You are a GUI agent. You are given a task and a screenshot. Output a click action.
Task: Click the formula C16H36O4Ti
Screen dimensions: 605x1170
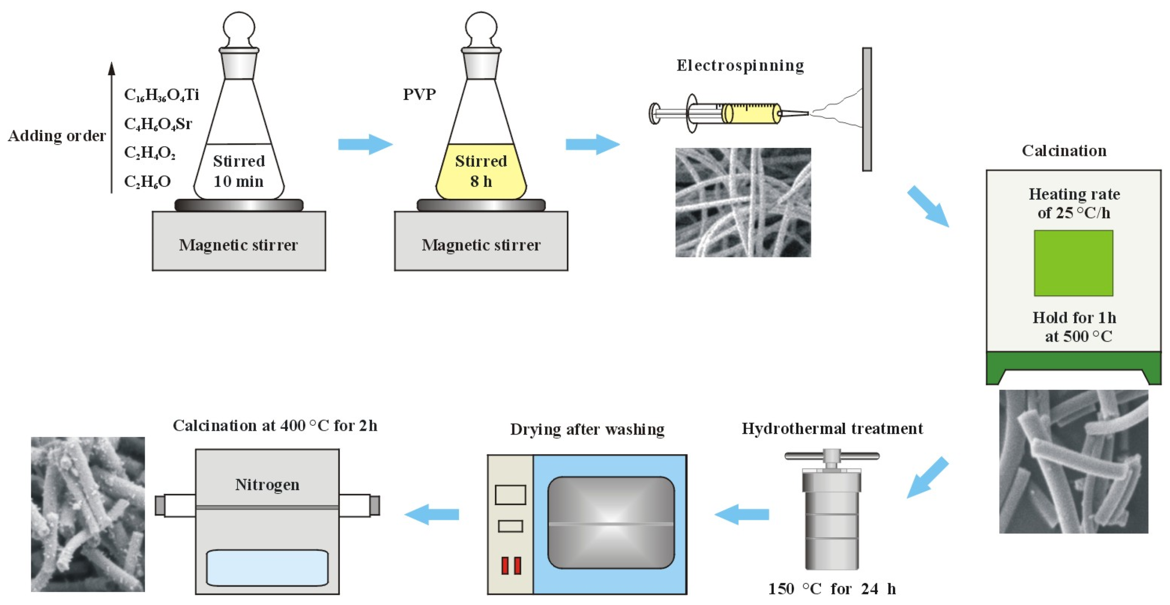point(161,95)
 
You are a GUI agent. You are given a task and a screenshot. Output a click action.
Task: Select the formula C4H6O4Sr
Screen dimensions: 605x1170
point(158,124)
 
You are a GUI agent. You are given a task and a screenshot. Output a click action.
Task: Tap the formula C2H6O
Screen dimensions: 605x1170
point(147,182)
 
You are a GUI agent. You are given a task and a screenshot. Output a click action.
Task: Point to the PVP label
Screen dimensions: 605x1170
point(419,94)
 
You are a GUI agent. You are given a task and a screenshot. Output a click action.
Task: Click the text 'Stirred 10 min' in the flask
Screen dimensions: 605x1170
point(239,171)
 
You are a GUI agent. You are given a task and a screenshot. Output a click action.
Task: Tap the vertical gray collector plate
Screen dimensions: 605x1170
point(867,109)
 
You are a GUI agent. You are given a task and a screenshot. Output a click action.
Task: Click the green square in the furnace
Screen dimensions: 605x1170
point(1073,263)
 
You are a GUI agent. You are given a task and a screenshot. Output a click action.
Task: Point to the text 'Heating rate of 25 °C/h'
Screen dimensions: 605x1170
point(1074,203)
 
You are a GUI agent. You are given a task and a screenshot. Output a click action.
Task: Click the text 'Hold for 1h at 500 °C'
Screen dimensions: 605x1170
point(1074,327)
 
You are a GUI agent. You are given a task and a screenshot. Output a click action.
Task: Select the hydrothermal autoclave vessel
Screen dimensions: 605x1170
point(832,522)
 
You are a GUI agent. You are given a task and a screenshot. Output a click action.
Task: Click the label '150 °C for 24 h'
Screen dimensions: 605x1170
point(832,589)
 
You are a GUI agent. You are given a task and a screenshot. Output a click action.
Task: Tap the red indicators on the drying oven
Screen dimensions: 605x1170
point(511,565)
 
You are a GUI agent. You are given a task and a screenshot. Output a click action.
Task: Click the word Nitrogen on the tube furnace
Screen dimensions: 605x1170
point(267,484)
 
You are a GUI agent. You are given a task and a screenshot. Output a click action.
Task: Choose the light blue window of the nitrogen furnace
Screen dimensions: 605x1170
point(267,568)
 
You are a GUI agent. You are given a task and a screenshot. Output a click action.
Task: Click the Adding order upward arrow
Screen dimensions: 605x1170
point(111,127)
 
